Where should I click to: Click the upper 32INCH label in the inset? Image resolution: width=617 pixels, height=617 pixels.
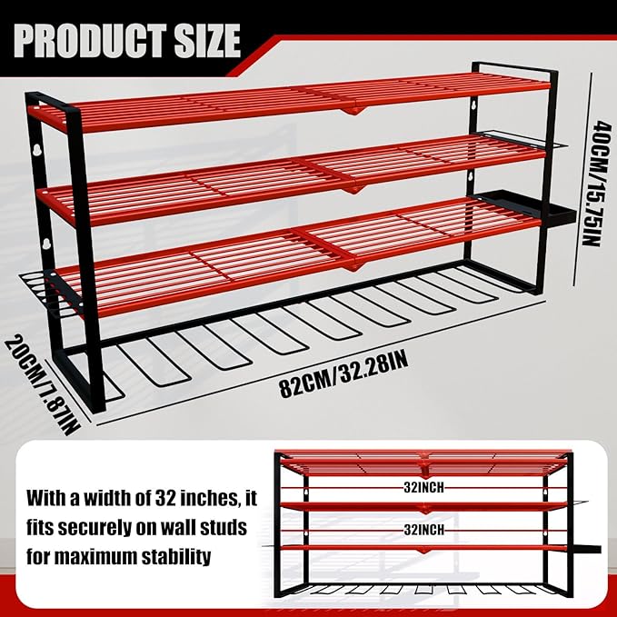tap(424, 486)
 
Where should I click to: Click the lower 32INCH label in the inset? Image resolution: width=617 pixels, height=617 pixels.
tap(424, 527)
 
